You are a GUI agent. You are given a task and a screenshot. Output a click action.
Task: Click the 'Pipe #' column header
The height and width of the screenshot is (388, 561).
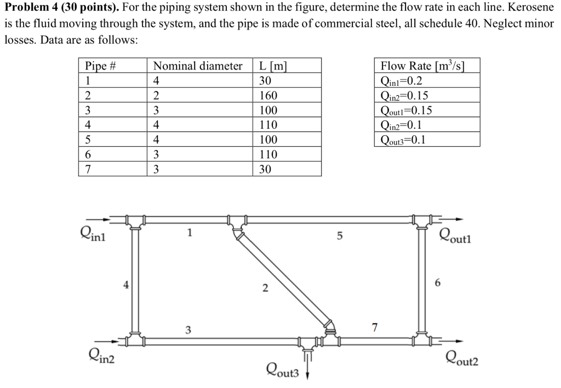(101, 66)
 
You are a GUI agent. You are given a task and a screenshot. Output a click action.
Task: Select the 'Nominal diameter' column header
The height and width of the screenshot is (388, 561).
(198, 66)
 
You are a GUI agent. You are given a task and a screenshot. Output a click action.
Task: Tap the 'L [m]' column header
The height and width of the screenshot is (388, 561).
(273, 66)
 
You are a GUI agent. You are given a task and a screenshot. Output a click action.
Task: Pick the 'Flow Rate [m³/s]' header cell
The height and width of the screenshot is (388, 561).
(422, 66)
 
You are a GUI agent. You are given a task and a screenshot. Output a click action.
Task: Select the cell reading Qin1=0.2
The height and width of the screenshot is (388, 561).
(402, 81)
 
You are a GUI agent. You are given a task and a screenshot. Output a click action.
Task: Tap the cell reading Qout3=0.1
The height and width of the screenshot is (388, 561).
(403, 140)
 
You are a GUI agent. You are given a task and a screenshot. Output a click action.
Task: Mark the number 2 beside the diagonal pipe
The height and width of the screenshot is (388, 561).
(265, 289)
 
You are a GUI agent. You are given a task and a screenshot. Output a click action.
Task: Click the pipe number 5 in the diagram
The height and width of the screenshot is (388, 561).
(339, 236)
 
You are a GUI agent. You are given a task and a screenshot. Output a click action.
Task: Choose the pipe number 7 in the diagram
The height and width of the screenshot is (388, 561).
(375, 327)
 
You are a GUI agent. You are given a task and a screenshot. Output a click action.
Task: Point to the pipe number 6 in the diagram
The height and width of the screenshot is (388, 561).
(437, 283)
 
